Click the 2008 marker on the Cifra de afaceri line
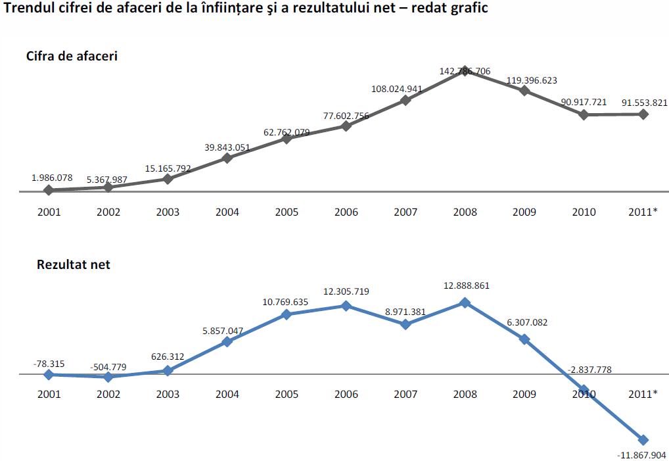[x=465, y=71]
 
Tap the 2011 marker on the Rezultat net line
[x=643, y=439]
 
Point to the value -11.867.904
[x=641, y=454]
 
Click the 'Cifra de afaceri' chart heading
[x=72, y=56]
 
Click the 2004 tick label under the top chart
[x=227, y=212]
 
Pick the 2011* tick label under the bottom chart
[x=643, y=394]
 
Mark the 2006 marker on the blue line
[x=346, y=306]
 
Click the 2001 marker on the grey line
[x=49, y=190]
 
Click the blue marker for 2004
[x=227, y=341]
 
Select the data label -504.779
[x=108, y=366]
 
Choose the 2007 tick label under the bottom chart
[x=405, y=394]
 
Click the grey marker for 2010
[x=584, y=114]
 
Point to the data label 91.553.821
[x=643, y=102]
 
